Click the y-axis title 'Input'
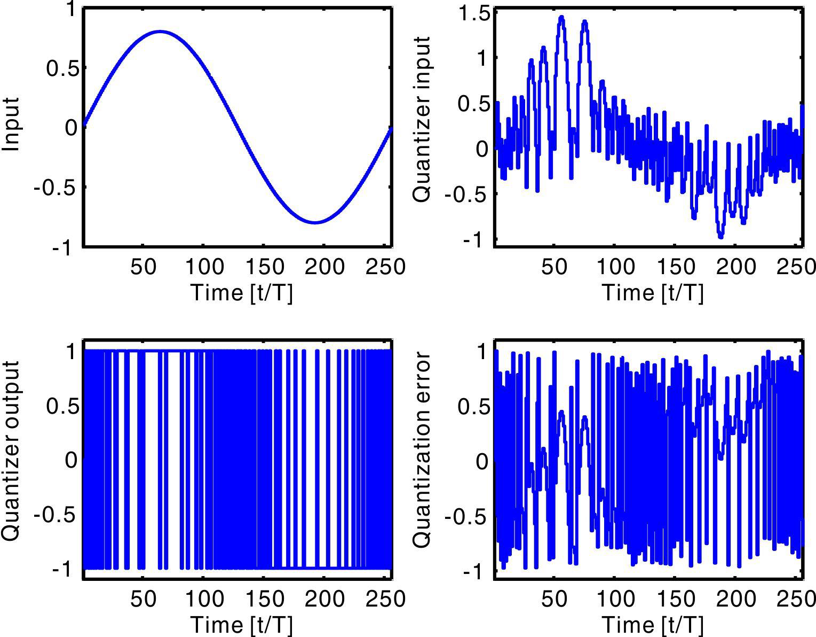(x=12, y=124)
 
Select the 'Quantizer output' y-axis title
(x=12, y=450)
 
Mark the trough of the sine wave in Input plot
(x=315, y=222)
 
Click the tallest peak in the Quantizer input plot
(x=561, y=18)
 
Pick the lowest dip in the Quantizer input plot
(x=721, y=235)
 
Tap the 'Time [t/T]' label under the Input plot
(x=241, y=292)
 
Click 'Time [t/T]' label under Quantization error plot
(x=652, y=624)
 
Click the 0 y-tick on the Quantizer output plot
(x=71, y=460)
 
